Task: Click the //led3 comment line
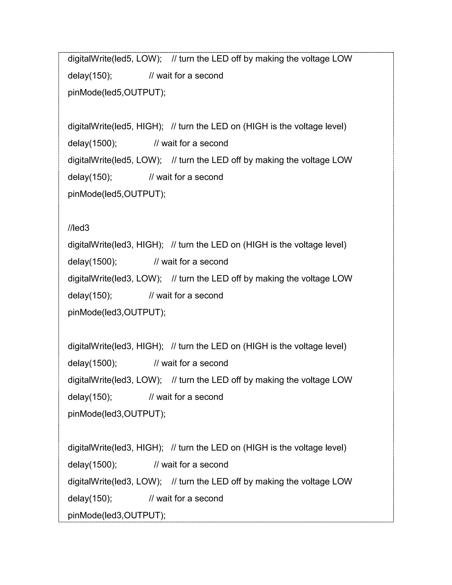click(78, 228)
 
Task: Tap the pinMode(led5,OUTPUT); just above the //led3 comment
click(117, 194)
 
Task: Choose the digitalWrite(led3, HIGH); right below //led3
click(115, 245)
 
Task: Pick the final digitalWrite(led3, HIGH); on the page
click(115, 448)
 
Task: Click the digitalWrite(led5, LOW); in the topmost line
click(115, 59)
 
